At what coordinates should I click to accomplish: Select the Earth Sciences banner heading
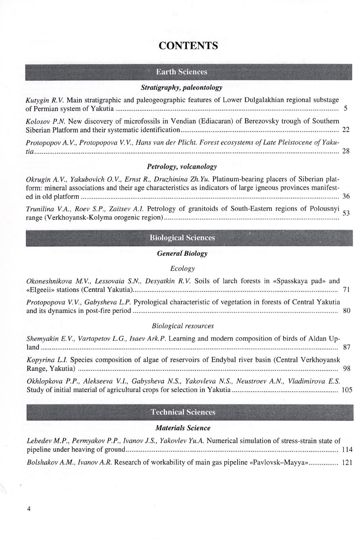181,72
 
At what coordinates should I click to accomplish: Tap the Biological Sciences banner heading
182,238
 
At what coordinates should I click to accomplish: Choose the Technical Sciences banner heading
183,412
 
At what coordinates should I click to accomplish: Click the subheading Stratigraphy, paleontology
181,88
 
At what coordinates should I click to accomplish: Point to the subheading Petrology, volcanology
182,167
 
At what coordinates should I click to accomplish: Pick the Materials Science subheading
183,428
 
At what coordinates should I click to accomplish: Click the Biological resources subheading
183,326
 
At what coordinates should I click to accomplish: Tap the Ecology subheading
182,268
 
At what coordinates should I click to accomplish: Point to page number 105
347,390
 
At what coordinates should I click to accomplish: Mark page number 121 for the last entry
347,462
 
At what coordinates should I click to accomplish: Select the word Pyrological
150,302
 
